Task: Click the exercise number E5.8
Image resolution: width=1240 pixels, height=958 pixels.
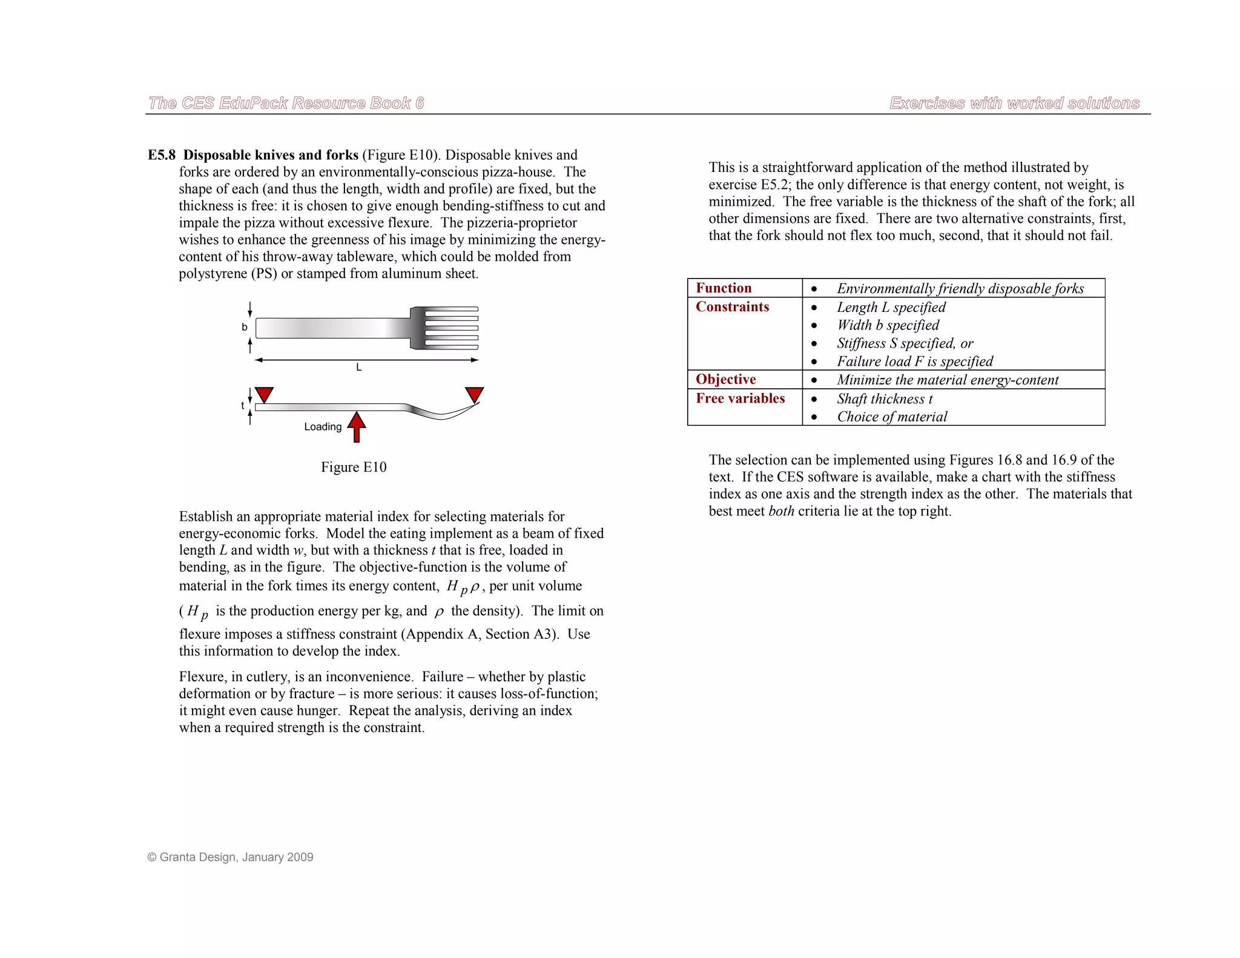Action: click(162, 155)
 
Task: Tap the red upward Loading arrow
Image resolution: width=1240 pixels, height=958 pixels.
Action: click(357, 426)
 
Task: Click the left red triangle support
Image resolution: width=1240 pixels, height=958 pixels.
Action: click(264, 394)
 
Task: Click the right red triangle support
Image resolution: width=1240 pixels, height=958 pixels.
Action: click(475, 394)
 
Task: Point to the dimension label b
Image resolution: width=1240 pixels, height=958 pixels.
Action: click(245, 327)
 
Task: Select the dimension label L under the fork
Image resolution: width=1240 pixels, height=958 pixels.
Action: click(359, 368)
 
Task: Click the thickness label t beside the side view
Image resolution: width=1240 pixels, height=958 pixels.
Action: click(243, 406)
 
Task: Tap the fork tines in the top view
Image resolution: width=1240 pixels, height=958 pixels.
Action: click(452, 328)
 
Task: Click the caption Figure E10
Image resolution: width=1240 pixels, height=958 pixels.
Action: click(354, 467)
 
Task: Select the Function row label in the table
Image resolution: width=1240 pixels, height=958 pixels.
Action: click(724, 288)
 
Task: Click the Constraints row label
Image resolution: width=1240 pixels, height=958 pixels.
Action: click(732, 306)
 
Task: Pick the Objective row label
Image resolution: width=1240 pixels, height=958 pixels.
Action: click(725, 379)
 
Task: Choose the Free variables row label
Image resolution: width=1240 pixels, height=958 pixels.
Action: click(740, 398)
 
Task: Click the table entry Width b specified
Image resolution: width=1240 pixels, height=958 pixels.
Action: click(888, 325)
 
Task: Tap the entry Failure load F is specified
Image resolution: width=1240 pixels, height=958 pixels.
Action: click(914, 362)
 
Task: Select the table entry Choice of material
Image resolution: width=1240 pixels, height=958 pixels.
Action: click(891, 417)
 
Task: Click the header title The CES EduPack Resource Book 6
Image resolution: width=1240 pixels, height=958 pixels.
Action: click(286, 103)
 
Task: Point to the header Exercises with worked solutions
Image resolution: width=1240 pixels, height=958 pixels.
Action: click(1014, 103)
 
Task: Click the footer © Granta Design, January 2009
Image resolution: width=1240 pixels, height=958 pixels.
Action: click(230, 857)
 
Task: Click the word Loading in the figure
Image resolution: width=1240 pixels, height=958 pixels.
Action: click(323, 427)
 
